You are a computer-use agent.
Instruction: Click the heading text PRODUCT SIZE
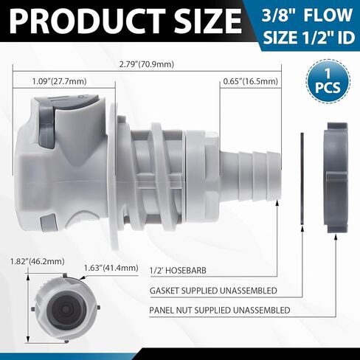tap(125, 21)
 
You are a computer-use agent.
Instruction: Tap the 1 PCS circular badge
tap(328, 81)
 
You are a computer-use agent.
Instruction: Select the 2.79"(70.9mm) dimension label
tap(147, 65)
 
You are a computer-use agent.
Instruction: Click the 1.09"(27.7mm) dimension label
tap(60, 81)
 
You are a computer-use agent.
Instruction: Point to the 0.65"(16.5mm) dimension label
tap(251, 81)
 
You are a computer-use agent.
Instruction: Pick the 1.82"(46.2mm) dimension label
tap(38, 261)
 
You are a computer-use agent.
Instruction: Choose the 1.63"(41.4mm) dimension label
tap(111, 268)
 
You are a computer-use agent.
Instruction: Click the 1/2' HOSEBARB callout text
tap(178, 271)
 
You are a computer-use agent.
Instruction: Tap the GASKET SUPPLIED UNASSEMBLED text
tap(213, 291)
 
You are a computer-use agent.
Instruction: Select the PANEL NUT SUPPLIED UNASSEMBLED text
tap(220, 310)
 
